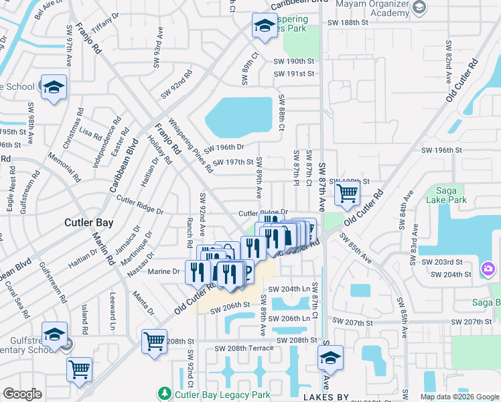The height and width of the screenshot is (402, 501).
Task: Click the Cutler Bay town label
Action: (x=88, y=222)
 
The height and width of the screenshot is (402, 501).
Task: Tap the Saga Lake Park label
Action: (x=446, y=194)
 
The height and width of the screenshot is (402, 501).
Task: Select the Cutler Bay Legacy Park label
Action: (x=213, y=395)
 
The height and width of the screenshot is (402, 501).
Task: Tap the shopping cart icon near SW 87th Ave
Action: (x=347, y=194)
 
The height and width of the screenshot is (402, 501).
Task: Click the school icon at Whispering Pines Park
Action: (x=264, y=27)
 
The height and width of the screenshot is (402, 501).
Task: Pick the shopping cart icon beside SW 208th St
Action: (x=154, y=340)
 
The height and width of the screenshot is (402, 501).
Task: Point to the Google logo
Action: (x=22, y=394)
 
